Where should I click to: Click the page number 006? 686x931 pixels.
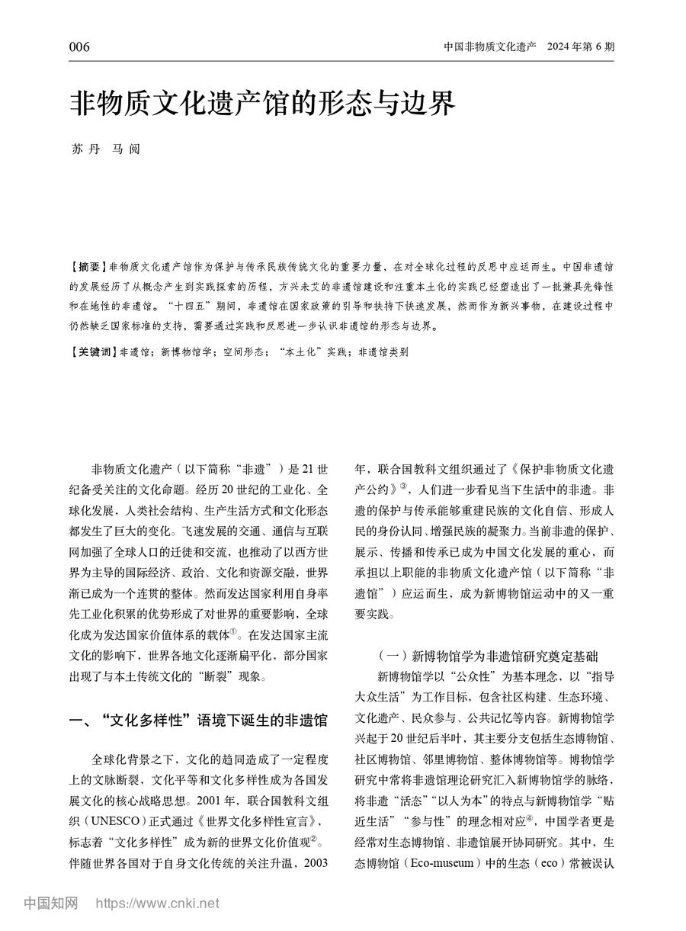(79, 47)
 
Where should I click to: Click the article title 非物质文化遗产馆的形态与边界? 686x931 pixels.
(263, 102)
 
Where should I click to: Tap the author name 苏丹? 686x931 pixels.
(81, 149)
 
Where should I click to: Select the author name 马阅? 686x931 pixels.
(122, 149)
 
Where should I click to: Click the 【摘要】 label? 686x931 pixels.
(88, 268)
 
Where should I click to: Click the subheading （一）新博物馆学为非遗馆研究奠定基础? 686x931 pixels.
(488, 655)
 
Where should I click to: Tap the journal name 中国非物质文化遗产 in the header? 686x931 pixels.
(491, 47)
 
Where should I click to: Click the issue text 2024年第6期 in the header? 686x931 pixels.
(580, 47)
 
